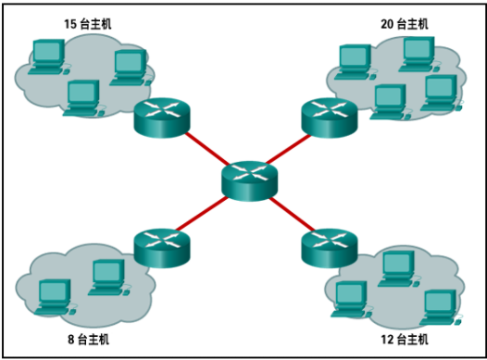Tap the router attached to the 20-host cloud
click(330, 117)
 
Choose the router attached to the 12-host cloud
click(330, 246)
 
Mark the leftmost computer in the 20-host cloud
click(354, 61)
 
